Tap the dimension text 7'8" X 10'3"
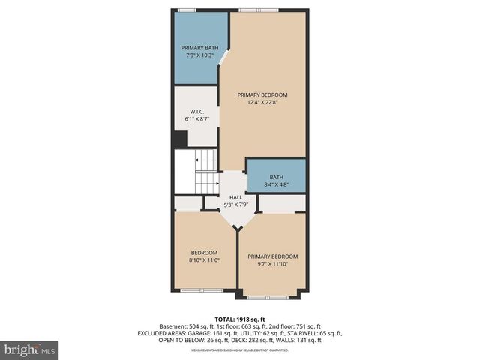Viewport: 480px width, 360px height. pos(197,55)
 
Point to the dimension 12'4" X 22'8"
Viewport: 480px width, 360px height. pos(262,103)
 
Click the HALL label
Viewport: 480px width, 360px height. pos(235,198)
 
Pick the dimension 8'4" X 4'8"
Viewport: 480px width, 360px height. pos(276,184)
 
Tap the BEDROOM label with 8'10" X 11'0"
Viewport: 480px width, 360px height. pos(204,252)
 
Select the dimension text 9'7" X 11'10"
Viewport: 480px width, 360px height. pos(273,263)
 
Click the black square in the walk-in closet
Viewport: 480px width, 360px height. pos(180,139)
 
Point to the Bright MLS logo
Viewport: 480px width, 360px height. pos(29,349)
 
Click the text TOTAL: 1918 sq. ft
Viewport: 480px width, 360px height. pos(240,319)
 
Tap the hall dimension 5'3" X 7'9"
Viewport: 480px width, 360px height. pos(235,205)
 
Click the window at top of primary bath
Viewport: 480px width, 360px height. pos(187,10)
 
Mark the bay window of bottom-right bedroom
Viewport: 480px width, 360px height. pos(268,297)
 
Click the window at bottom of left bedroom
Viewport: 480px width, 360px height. pos(201,290)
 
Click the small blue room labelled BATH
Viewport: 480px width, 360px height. pos(276,177)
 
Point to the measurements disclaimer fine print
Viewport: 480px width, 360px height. pos(240,349)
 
